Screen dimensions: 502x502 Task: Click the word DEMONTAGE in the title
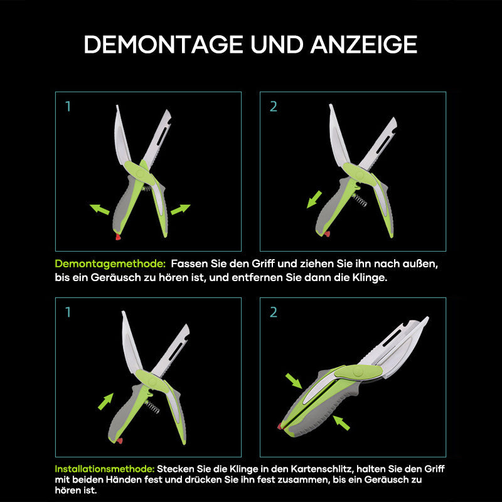point(163,44)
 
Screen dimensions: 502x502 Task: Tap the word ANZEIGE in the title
point(364,44)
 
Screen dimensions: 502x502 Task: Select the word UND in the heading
point(277,44)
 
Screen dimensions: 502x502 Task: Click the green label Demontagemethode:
point(110,264)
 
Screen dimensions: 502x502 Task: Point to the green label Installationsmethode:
point(105,469)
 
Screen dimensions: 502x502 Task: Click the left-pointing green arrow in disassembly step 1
point(100,209)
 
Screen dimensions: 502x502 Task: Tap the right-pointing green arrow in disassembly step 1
point(181,210)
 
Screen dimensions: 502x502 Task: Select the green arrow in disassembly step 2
point(314,199)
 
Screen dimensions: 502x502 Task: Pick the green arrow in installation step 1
point(105,402)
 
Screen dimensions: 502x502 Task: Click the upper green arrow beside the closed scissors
point(294,381)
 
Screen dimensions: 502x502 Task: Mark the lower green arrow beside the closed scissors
point(341,422)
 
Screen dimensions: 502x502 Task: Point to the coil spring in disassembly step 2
point(360,200)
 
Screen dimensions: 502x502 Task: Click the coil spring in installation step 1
point(152,407)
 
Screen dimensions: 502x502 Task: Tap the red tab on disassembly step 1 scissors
point(118,237)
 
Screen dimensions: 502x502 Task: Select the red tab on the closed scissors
point(280,426)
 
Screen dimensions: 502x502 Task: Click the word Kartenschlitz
point(322,469)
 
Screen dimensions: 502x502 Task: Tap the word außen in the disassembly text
point(420,264)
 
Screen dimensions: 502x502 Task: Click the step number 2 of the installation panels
point(274,312)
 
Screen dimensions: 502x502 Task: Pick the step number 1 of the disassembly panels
point(68,106)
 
